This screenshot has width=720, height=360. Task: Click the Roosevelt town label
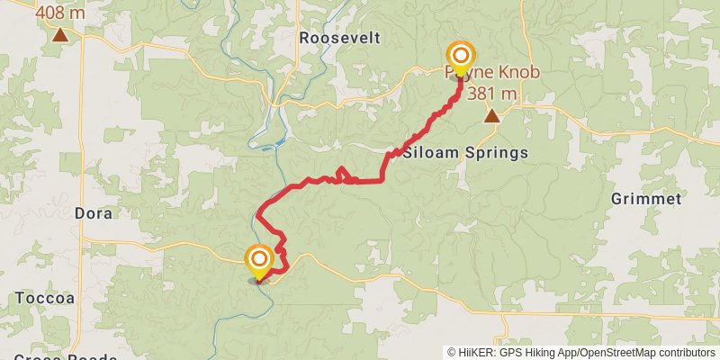pos(340,38)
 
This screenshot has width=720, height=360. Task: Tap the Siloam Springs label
pos(465,153)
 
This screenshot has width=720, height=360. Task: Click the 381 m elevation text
pos(491,93)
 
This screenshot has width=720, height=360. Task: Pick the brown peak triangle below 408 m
pos(59,36)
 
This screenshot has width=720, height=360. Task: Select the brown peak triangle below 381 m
pos(491,115)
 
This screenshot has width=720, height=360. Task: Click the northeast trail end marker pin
pos(460,58)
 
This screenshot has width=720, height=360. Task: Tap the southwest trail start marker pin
pos(258,261)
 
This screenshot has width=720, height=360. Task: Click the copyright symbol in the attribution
pos(452,353)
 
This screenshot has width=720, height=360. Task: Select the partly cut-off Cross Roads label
pos(67,356)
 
